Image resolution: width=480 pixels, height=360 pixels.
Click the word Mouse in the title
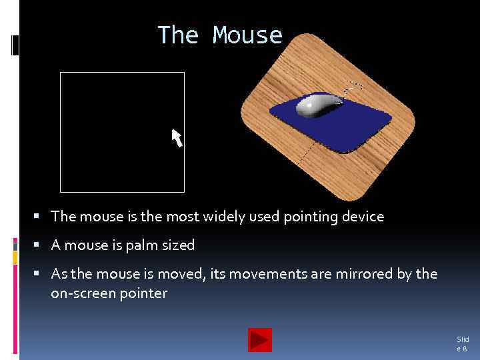pyautogui.click(x=248, y=35)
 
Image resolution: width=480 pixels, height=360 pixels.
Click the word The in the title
pyautogui.click(x=178, y=35)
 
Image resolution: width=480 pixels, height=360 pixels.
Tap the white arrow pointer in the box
pyautogui.click(x=177, y=137)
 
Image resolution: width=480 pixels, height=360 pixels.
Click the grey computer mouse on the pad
pyautogui.click(x=319, y=106)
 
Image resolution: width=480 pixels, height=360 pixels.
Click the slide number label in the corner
pyautogui.click(x=462, y=344)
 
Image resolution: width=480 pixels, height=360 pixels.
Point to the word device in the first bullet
pyautogui.click(x=361, y=217)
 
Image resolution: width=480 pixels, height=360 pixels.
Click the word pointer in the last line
pyautogui.click(x=145, y=293)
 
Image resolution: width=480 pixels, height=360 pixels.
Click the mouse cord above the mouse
pyautogui.click(x=353, y=86)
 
